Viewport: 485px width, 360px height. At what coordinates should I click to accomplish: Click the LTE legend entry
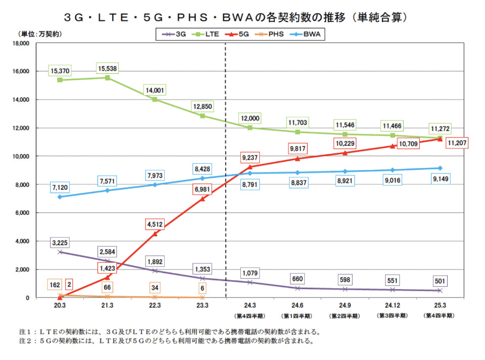[207, 34]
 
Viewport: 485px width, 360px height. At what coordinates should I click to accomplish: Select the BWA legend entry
[308, 34]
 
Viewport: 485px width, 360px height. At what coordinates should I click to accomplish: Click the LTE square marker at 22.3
[155, 100]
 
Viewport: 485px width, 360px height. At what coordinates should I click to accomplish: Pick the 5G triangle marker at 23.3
[202, 199]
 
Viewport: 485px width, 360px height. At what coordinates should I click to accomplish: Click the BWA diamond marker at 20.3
[60, 197]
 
